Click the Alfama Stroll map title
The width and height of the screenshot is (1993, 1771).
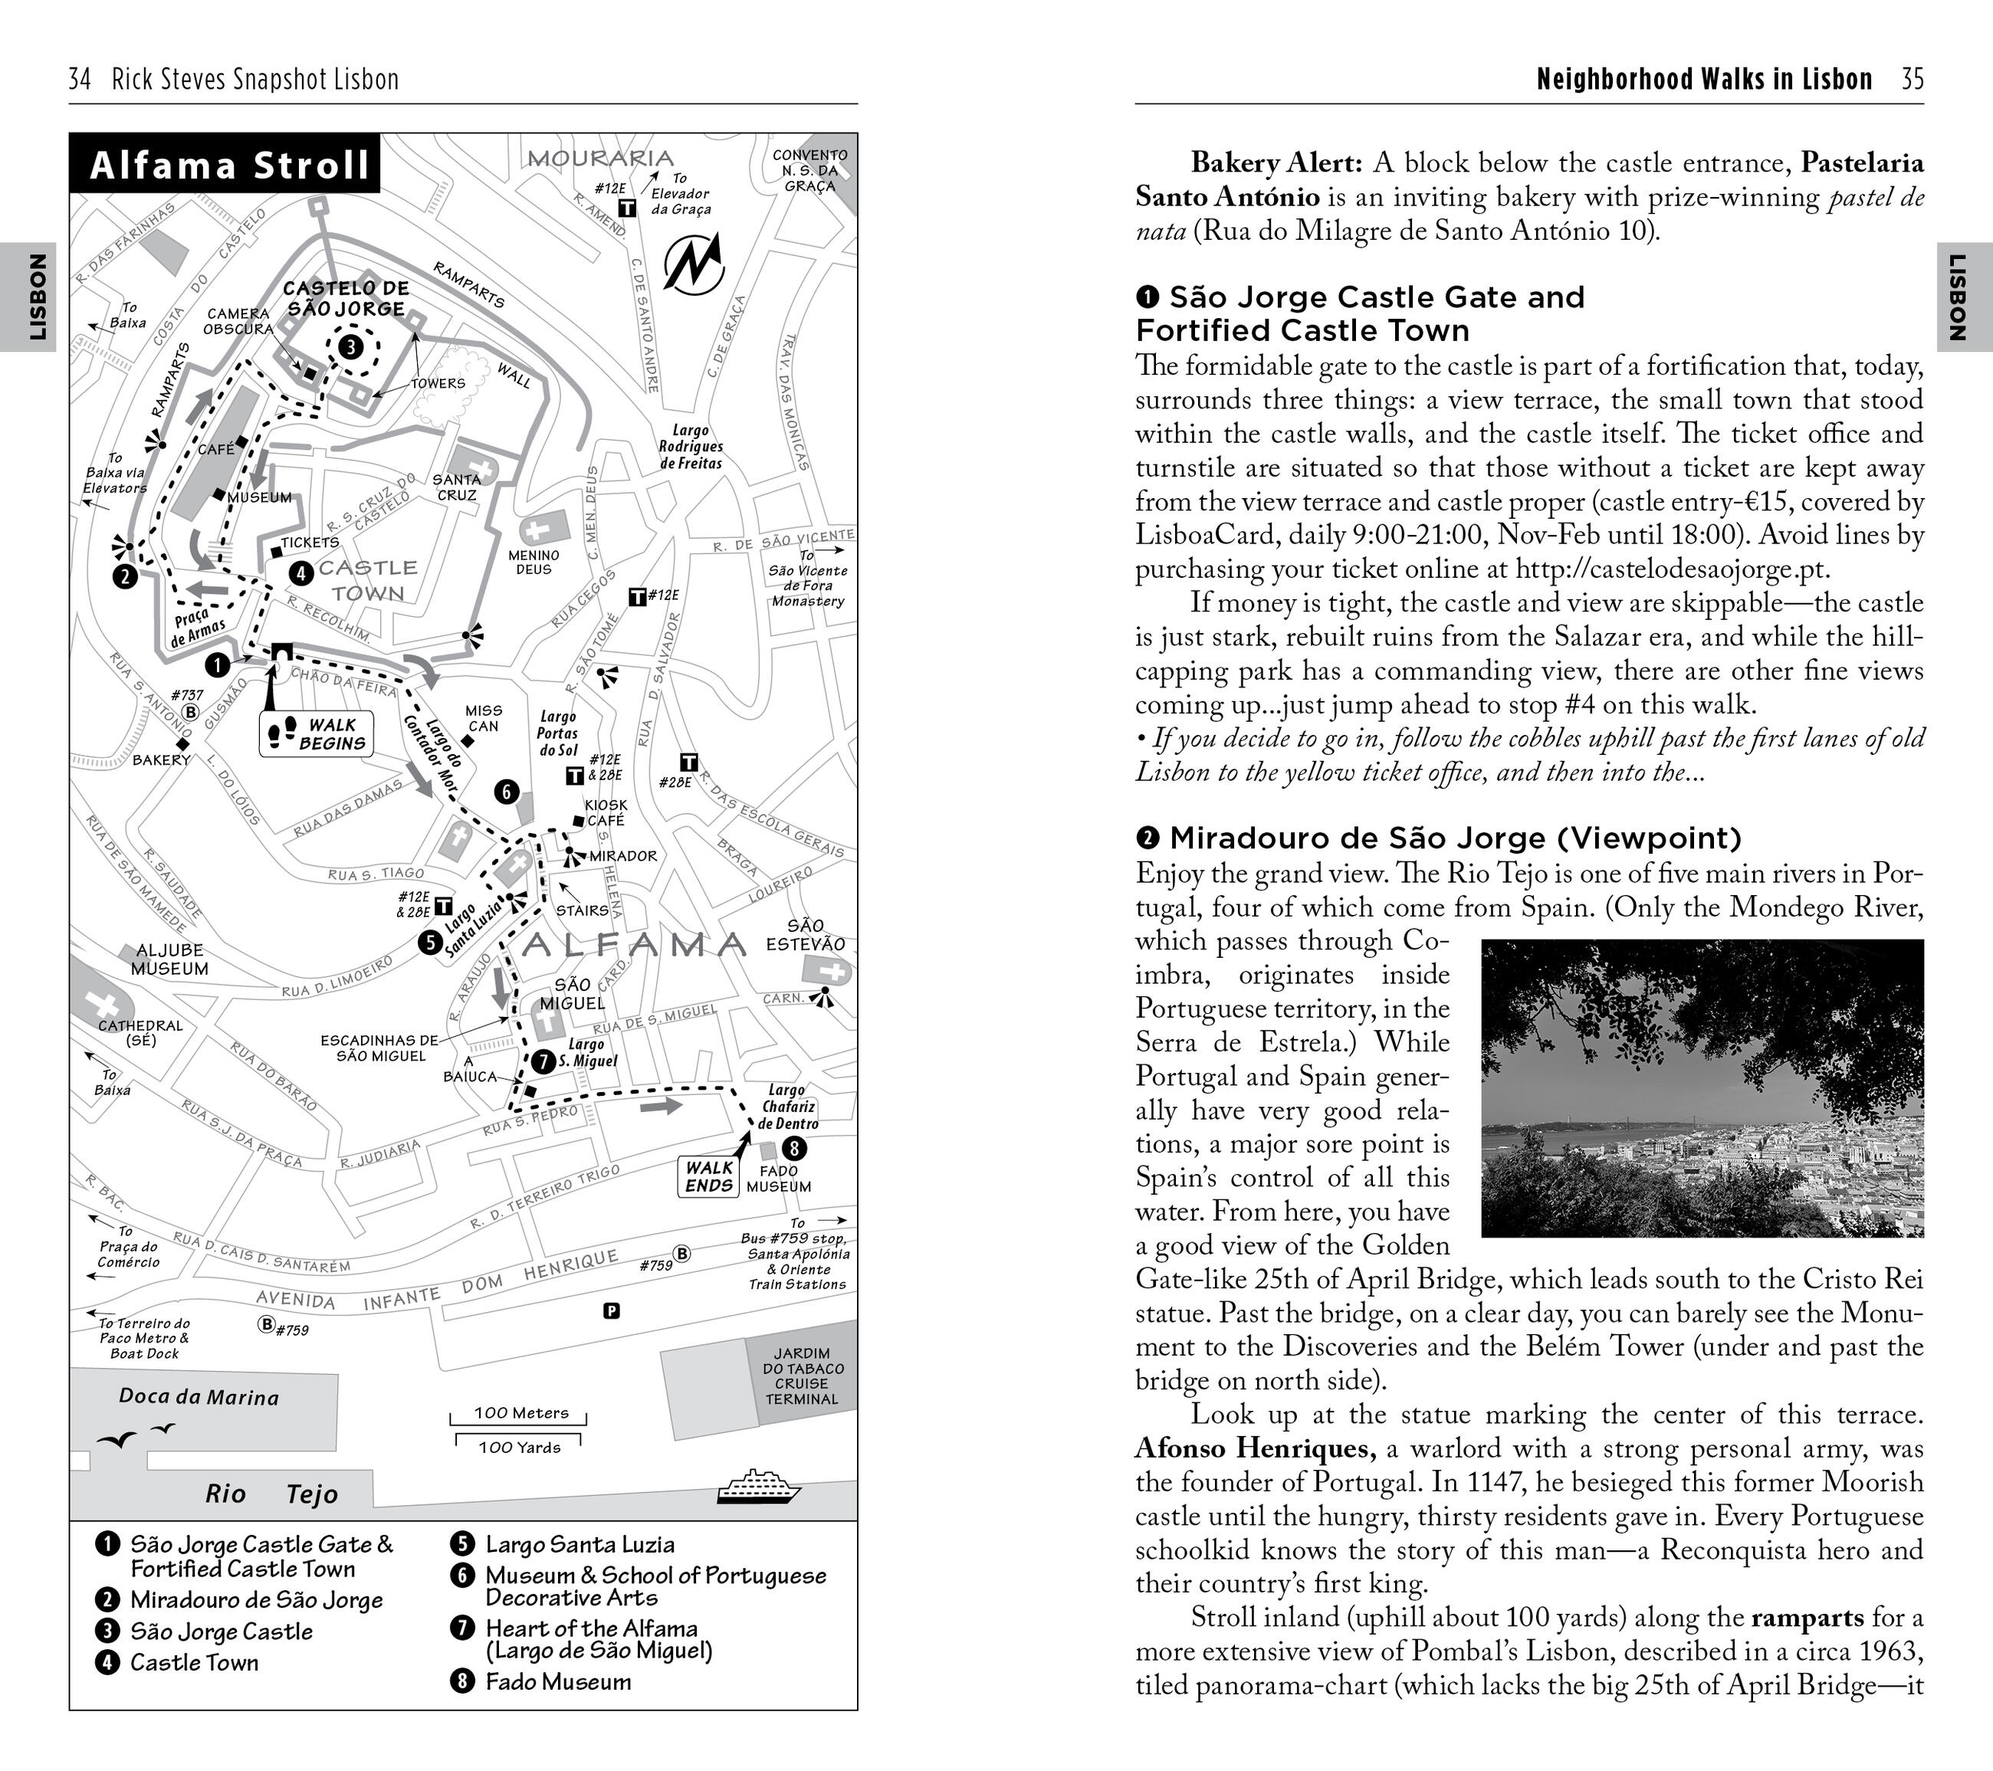(x=229, y=165)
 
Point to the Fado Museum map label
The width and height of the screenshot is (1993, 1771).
(x=778, y=1179)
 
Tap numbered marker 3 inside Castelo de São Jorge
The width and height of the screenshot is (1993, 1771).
(x=350, y=346)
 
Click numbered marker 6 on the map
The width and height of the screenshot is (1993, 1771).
(x=505, y=792)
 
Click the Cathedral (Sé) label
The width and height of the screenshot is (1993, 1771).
(x=140, y=1032)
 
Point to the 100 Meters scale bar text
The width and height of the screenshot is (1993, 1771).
(x=520, y=1412)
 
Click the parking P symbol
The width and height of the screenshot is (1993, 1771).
(x=612, y=1311)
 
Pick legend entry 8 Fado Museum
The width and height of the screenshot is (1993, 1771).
(x=557, y=1681)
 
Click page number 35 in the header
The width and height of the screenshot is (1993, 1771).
(x=1912, y=79)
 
